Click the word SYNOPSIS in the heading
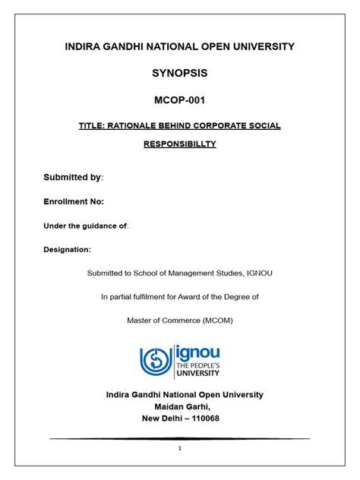pyautogui.click(x=179, y=74)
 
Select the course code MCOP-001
pyautogui.click(x=179, y=100)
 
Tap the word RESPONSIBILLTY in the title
pyautogui.click(x=179, y=144)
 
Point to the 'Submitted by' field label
pyautogui.click(x=72, y=177)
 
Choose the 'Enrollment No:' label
pyautogui.click(x=74, y=201)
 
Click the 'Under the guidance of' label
pyautogui.click(x=85, y=226)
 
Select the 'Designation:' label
pyautogui.click(x=67, y=249)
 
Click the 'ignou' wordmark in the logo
pyautogui.click(x=198, y=353)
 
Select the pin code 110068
pyautogui.click(x=204, y=418)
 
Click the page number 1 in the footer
pyautogui.click(x=179, y=449)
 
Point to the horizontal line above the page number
pyautogui.click(x=179, y=438)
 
